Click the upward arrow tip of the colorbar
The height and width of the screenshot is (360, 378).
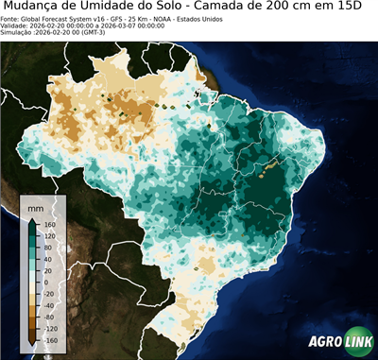click(31, 218)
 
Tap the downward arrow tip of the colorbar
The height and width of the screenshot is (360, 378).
click(31, 345)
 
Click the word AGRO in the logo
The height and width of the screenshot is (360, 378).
click(324, 344)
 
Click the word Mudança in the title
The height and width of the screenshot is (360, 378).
click(37, 8)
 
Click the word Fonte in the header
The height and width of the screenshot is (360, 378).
click(10, 18)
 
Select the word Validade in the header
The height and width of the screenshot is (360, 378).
click(15, 26)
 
